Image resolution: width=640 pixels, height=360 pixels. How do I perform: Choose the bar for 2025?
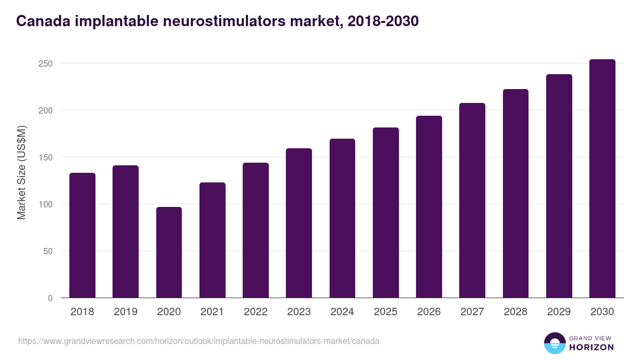click(x=386, y=213)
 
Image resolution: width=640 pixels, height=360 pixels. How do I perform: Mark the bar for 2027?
click(x=473, y=201)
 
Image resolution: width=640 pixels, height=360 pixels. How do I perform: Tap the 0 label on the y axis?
click(x=50, y=298)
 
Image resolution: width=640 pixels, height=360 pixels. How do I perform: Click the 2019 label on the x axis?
click(x=125, y=312)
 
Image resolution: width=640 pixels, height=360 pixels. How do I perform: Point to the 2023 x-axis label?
click(x=299, y=312)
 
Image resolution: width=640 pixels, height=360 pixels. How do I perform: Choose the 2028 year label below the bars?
click(x=516, y=312)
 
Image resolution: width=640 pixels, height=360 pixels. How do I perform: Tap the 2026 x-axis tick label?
click(x=429, y=312)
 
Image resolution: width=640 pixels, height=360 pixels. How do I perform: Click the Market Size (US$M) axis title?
click(x=21, y=172)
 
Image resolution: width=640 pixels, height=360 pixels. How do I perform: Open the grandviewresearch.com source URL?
click(x=198, y=341)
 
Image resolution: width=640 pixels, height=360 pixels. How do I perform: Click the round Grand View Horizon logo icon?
click(x=554, y=343)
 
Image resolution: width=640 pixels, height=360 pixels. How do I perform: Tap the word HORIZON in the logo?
click(x=591, y=347)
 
